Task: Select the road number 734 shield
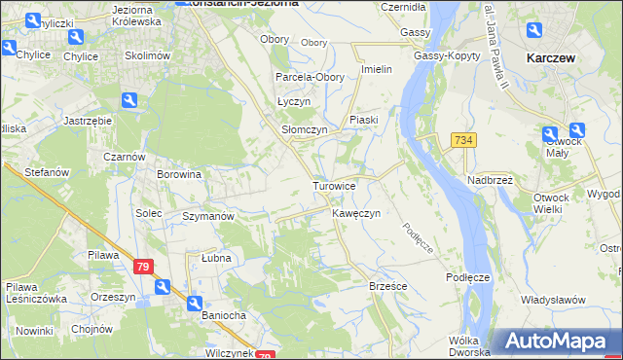[463, 141]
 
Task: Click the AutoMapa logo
[559, 342]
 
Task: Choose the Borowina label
[179, 175]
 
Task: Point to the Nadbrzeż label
[490, 180]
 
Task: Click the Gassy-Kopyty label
[447, 55]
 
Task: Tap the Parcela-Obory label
[305, 77]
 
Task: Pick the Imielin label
[377, 69]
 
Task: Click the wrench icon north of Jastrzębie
[128, 99]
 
